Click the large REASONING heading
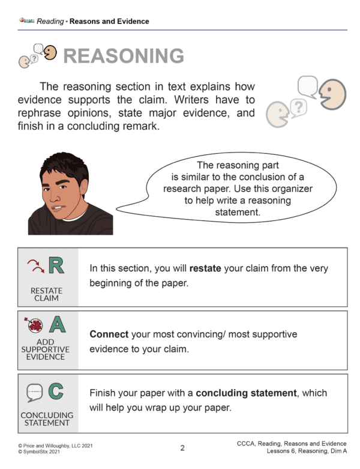[x=123, y=56]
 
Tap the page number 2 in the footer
[x=182, y=447]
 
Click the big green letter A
[x=57, y=325]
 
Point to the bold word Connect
[x=109, y=334]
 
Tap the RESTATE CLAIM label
[x=46, y=294]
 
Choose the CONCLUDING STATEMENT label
[x=47, y=419]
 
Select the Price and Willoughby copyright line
[x=55, y=445]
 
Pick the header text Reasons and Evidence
[x=109, y=22]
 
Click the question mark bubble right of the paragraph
[x=298, y=107]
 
